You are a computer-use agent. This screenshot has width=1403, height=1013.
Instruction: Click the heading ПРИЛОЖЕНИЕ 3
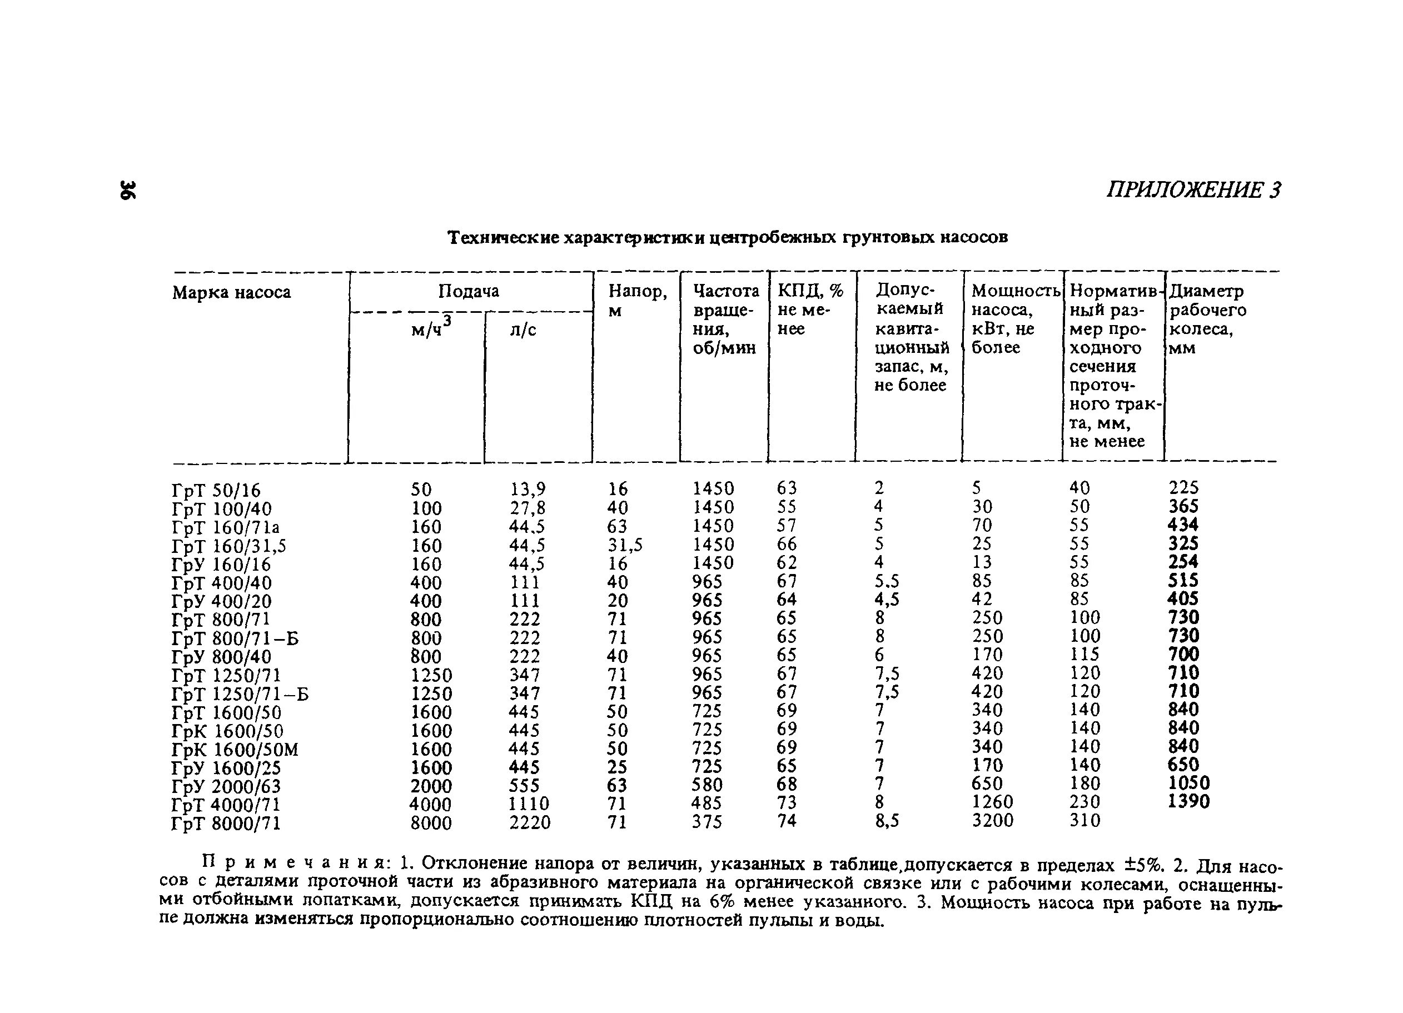coord(1193,191)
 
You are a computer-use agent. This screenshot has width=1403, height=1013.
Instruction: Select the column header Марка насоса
coord(231,292)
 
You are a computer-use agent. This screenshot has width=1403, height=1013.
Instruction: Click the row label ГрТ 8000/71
coord(226,824)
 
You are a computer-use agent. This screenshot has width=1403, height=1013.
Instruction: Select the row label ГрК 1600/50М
coord(235,750)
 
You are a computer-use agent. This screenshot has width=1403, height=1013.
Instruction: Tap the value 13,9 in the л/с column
coord(528,489)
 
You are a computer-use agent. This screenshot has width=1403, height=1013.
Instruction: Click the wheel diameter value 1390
coord(1188,802)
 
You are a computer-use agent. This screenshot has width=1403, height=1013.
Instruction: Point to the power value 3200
coord(992,821)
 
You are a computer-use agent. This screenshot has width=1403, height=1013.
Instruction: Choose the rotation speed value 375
coord(707,822)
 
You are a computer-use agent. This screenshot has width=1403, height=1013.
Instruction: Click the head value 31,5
coord(625,545)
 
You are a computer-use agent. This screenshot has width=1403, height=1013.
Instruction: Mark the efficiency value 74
coord(787,821)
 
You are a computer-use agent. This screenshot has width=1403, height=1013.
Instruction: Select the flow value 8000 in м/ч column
coord(431,824)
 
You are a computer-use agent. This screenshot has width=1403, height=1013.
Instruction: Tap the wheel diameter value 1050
coord(1188,784)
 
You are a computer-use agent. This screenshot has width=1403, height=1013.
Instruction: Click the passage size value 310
coord(1085,821)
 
